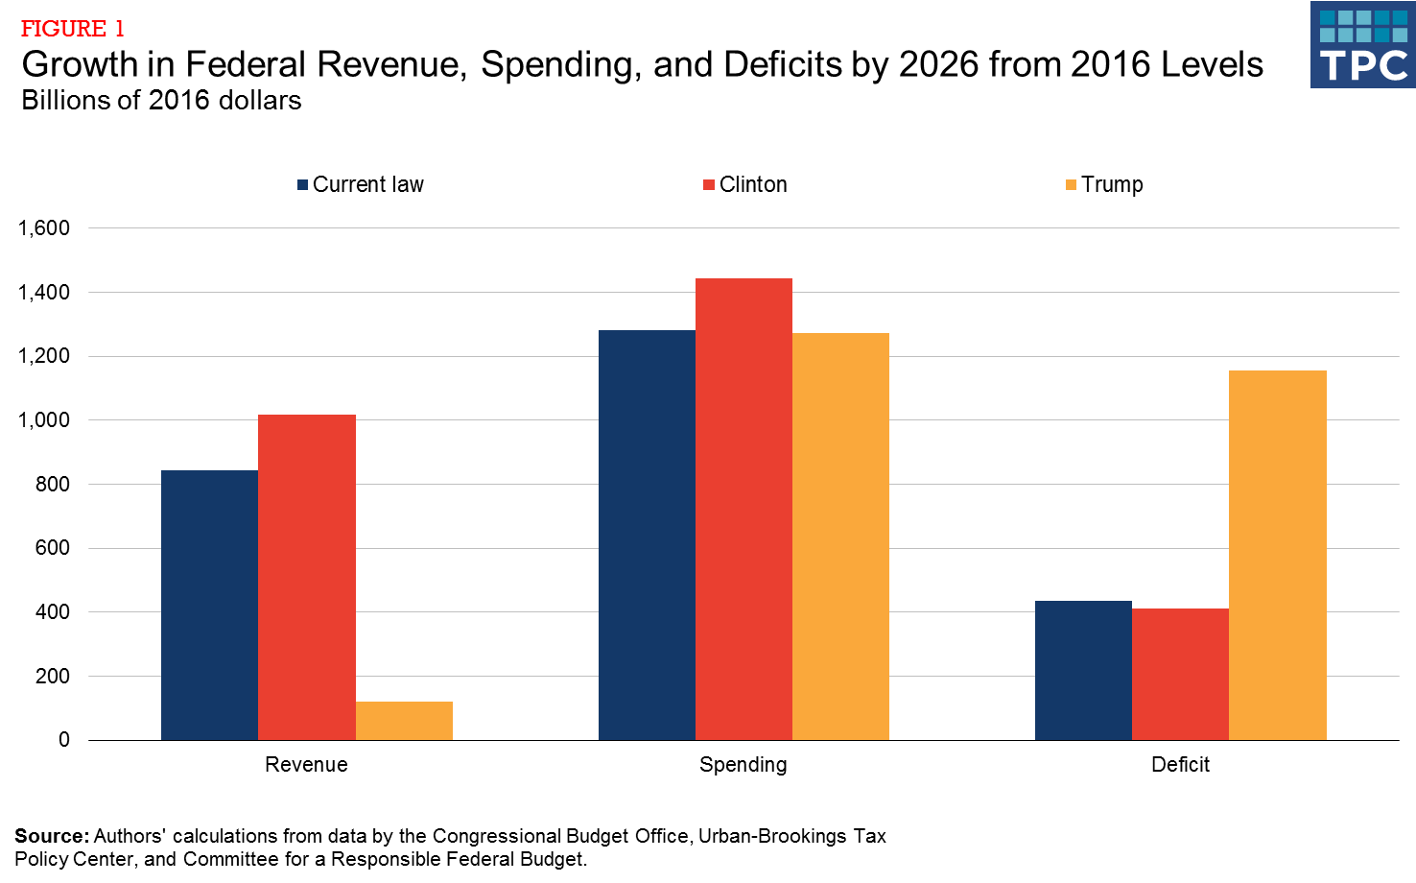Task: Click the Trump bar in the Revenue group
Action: pos(404,721)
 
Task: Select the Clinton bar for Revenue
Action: pos(307,577)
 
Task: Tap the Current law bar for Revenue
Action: pos(209,605)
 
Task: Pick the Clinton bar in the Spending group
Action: pos(743,509)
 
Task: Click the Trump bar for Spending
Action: pos(840,537)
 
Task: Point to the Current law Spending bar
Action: pos(647,535)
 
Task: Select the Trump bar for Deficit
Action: pos(1277,555)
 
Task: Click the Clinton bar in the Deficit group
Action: pos(1180,674)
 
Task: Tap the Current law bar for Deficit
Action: pos(1083,670)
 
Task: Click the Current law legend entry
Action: pos(361,184)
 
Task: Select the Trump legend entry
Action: pos(1104,184)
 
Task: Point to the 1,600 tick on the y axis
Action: pos(44,228)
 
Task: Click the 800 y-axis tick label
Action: pos(53,484)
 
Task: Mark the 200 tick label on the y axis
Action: pos(53,676)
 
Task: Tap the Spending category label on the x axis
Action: pos(743,765)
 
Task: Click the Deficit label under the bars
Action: pos(1180,765)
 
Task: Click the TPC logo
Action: pos(1362,45)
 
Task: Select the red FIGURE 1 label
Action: pos(73,29)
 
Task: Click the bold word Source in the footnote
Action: pos(51,836)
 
